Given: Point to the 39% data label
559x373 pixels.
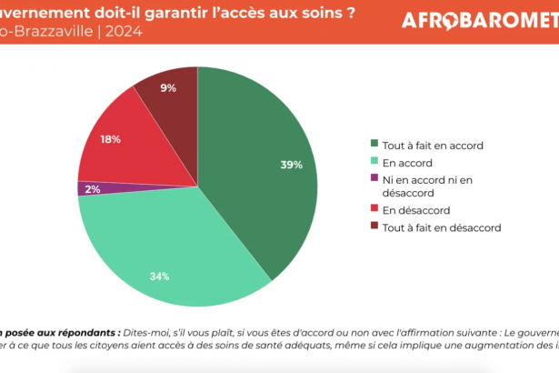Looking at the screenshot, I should [292, 165].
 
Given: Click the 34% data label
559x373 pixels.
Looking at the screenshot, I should [160, 277].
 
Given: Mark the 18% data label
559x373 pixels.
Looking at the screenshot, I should [111, 139].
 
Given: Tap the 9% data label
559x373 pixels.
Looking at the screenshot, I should [167, 88].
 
